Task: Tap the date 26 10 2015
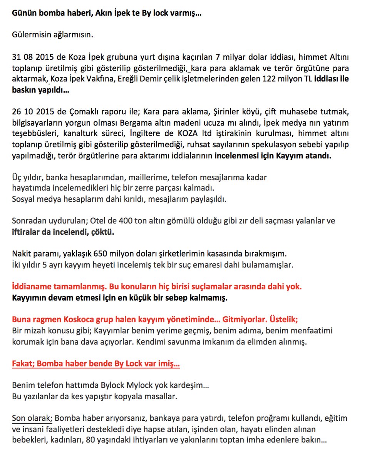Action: pos(31,112)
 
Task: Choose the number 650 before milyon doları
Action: pos(103,254)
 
